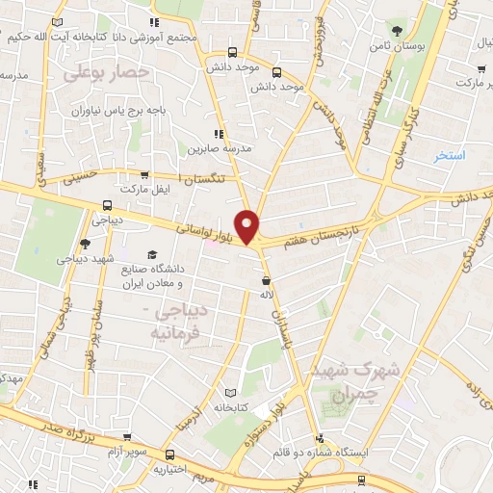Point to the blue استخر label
pos(449,155)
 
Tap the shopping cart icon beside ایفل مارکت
pos(144,175)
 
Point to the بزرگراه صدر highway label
pos(54,424)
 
